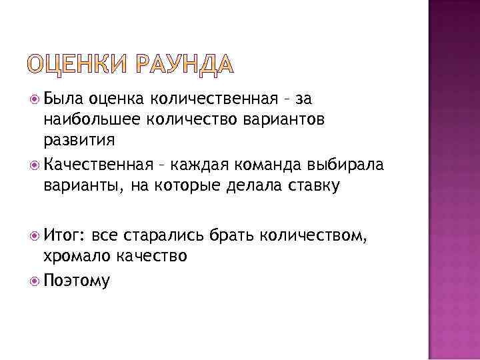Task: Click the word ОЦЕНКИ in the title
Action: (x=79, y=65)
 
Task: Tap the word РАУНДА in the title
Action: (x=185, y=65)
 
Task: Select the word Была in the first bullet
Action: (x=64, y=99)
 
